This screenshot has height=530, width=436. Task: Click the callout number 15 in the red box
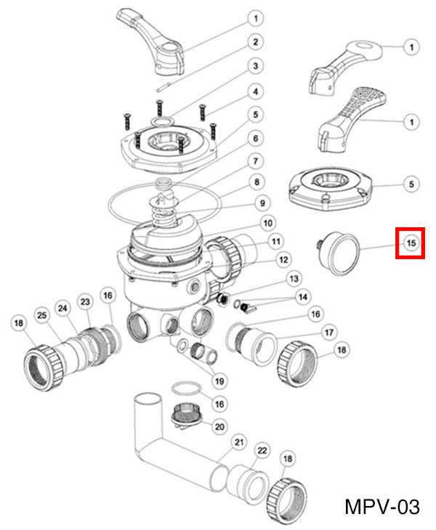click(x=411, y=242)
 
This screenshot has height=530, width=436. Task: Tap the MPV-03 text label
click(x=381, y=505)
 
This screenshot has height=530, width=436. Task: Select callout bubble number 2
click(x=254, y=41)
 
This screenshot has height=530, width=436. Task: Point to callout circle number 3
click(x=254, y=67)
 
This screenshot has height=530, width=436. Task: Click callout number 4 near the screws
click(x=254, y=91)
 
